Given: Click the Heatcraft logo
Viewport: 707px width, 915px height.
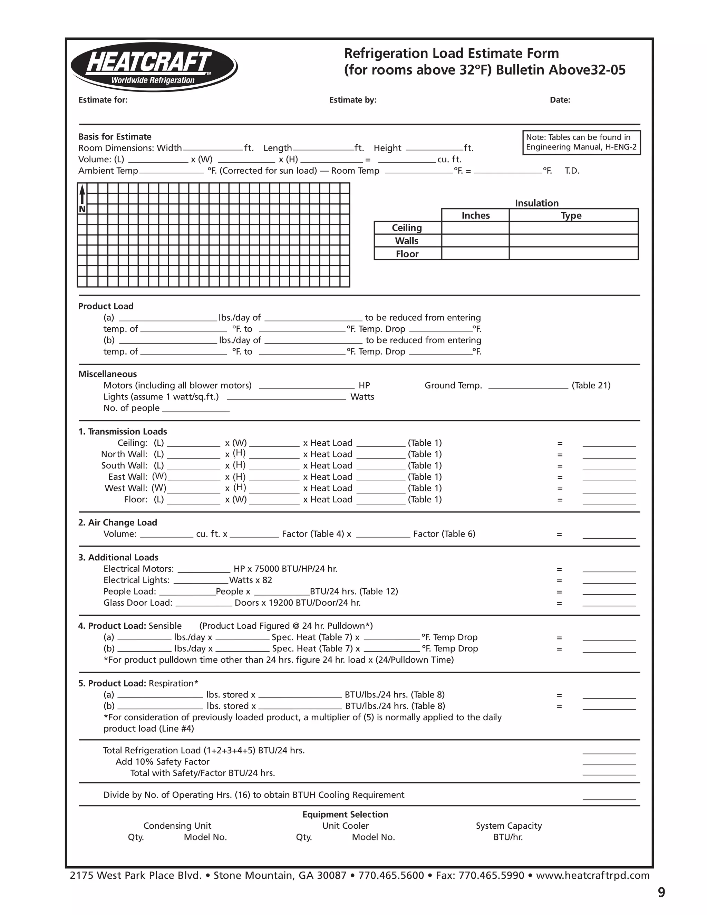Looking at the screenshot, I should (154, 67).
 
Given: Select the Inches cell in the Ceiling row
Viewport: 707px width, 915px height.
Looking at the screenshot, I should (475, 228).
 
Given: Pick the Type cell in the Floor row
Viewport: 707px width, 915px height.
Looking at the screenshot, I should (573, 253).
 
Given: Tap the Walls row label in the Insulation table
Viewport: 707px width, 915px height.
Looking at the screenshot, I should (407, 241).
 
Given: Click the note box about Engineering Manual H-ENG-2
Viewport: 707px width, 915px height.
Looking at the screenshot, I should (581, 143).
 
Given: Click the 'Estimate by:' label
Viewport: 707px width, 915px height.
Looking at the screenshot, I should (353, 100).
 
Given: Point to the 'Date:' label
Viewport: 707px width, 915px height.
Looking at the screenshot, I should (560, 100).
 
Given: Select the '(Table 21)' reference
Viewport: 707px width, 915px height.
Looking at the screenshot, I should (591, 385).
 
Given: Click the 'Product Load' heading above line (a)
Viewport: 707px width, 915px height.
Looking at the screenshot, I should (106, 306).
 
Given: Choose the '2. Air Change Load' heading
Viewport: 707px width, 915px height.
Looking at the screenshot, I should (118, 522).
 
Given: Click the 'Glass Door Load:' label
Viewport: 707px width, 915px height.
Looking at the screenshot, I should (138, 603).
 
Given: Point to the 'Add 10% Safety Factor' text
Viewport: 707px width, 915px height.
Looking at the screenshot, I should (163, 762).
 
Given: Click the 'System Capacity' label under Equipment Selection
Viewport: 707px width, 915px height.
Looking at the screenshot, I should (509, 826).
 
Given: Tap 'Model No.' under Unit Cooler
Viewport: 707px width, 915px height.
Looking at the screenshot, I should (373, 837).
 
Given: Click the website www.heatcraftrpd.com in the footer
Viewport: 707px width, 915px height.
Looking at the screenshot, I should (593, 875).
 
